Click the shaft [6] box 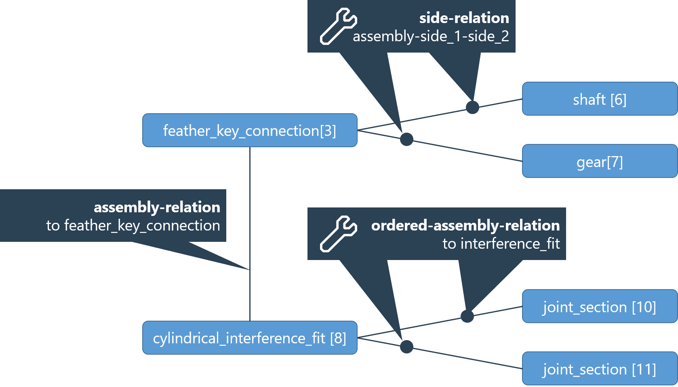(x=599, y=99)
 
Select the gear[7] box (x=599, y=161)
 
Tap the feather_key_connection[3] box (x=250, y=130)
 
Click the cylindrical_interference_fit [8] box (x=250, y=338)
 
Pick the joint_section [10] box (x=599, y=307)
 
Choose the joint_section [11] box (x=599, y=369)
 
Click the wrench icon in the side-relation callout (x=338, y=26)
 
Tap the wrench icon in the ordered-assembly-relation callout (x=338, y=234)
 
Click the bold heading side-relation (x=464, y=18)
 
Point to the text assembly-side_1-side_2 (x=431, y=36)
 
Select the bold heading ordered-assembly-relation (x=465, y=225)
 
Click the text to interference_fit (x=501, y=244)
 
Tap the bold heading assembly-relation (x=157, y=207)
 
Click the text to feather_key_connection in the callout (x=133, y=226)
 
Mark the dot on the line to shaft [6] (x=472, y=108)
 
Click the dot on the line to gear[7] (x=406, y=139)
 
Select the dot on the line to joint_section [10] (x=467, y=316)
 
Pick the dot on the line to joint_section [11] (x=406, y=347)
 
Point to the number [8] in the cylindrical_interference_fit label (x=338, y=338)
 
